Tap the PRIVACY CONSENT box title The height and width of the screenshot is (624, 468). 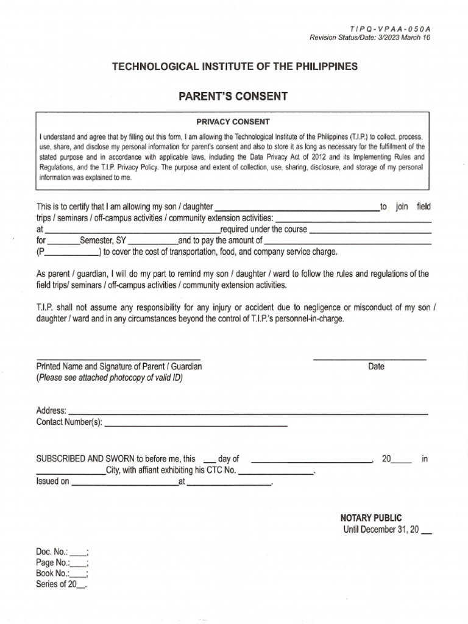[233, 121]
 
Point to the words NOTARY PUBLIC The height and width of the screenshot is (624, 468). [371, 517]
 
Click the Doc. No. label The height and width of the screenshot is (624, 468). [52, 551]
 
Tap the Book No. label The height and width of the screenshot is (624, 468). [52, 573]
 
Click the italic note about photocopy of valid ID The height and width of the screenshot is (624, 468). [110, 378]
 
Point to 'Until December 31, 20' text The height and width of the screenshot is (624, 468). [381, 529]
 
